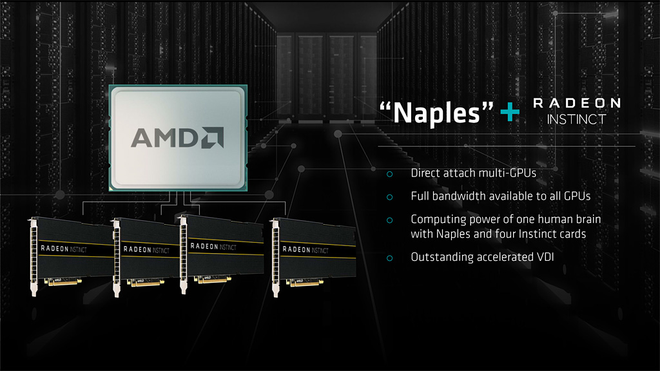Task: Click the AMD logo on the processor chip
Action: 178,138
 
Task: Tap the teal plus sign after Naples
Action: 510,112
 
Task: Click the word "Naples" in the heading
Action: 436,113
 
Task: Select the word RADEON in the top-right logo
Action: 577,103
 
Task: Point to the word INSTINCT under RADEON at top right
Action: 576,119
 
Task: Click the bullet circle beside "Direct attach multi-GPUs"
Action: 390,174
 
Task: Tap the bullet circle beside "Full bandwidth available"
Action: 390,197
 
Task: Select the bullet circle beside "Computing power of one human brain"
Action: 390,220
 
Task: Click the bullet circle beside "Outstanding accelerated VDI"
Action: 390,258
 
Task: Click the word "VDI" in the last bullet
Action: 545,257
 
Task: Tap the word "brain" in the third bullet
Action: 588,219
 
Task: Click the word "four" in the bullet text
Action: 505,234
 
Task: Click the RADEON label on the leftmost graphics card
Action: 55,249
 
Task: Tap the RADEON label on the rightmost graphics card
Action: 296,249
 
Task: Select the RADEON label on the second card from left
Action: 137,249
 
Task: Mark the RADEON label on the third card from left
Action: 204,246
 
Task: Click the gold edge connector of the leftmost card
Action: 64,282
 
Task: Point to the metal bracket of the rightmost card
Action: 276,258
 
